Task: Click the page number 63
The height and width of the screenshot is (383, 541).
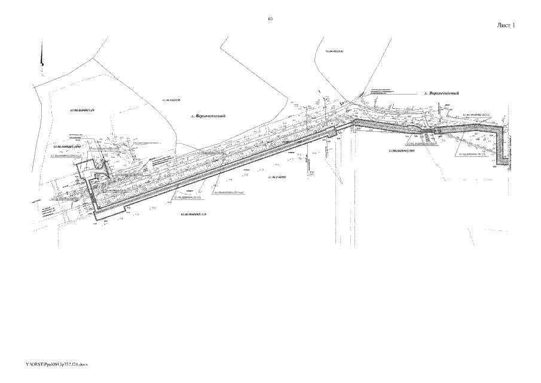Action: tap(270, 20)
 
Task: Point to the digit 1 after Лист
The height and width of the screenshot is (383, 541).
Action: tap(513, 25)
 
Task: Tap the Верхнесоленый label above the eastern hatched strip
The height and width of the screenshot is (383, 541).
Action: tap(441, 94)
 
